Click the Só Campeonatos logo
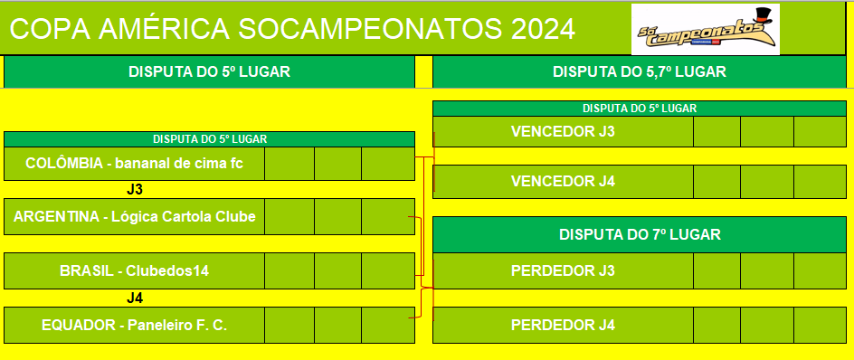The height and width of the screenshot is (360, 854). pos(706,30)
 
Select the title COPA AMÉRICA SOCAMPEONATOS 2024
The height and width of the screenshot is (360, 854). pos(292,29)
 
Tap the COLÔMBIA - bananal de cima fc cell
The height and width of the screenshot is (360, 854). pos(134,164)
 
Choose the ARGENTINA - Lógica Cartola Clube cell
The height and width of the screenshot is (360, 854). pos(134,217)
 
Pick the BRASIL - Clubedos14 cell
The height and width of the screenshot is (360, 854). pos(134,270)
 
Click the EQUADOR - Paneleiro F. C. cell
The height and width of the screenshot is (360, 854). pos(134,325)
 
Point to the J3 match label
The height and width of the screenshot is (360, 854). pos(135,190)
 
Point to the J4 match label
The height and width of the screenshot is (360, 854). pos(135,298)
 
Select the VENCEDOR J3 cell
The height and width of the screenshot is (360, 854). pos(564,132)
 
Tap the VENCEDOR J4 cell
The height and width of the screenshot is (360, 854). pos(564,182)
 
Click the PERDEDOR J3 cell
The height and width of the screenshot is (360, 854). pos(564,270)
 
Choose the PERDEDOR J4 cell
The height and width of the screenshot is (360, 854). pos(564,325)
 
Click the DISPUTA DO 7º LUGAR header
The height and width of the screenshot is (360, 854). pos(640,235)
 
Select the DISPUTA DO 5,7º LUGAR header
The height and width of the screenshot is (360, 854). pos(640,71)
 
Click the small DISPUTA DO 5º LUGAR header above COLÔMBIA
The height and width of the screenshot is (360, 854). pos(210,139)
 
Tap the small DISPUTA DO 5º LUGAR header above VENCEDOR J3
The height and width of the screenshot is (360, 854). pos(640,109)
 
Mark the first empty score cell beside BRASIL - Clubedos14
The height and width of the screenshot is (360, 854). pos(289,270)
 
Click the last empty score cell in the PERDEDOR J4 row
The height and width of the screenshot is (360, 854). pos(820,325)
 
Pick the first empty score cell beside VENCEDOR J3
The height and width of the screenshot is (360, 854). pos(716,132)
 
